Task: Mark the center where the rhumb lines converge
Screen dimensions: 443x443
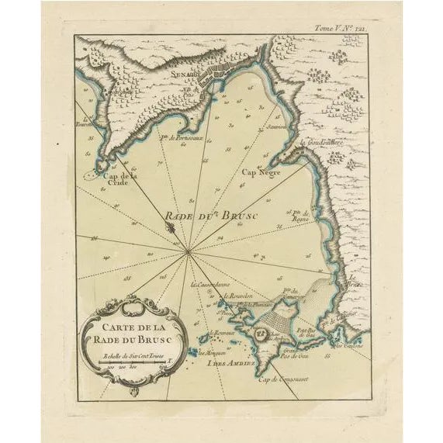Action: (189, 250)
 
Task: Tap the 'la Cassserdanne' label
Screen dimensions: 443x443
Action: (210, 284)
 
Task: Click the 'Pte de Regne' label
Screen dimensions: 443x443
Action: (301, 214)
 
